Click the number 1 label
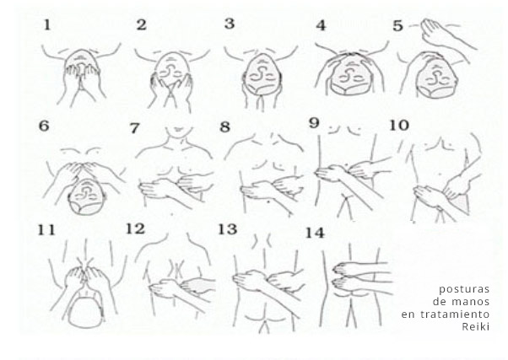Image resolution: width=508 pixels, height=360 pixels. (47, 25)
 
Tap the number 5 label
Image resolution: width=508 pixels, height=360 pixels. (397, 26)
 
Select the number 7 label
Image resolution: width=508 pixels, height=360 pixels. (134, 128)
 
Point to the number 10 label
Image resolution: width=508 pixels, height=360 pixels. (399, 125)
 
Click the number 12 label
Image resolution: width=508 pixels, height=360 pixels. (135, 228)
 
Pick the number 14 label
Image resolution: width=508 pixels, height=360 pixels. (315, 233)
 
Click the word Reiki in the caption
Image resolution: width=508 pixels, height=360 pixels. (475, 326)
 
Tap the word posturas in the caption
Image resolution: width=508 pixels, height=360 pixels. (464, 289)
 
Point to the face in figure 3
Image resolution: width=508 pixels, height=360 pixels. (262, 75)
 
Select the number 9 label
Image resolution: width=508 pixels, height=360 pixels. (314, 123)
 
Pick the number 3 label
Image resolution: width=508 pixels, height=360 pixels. (230, 24)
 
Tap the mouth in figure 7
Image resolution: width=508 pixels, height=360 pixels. (177, 130)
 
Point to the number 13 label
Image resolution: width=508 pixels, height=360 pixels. (228, 229)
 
